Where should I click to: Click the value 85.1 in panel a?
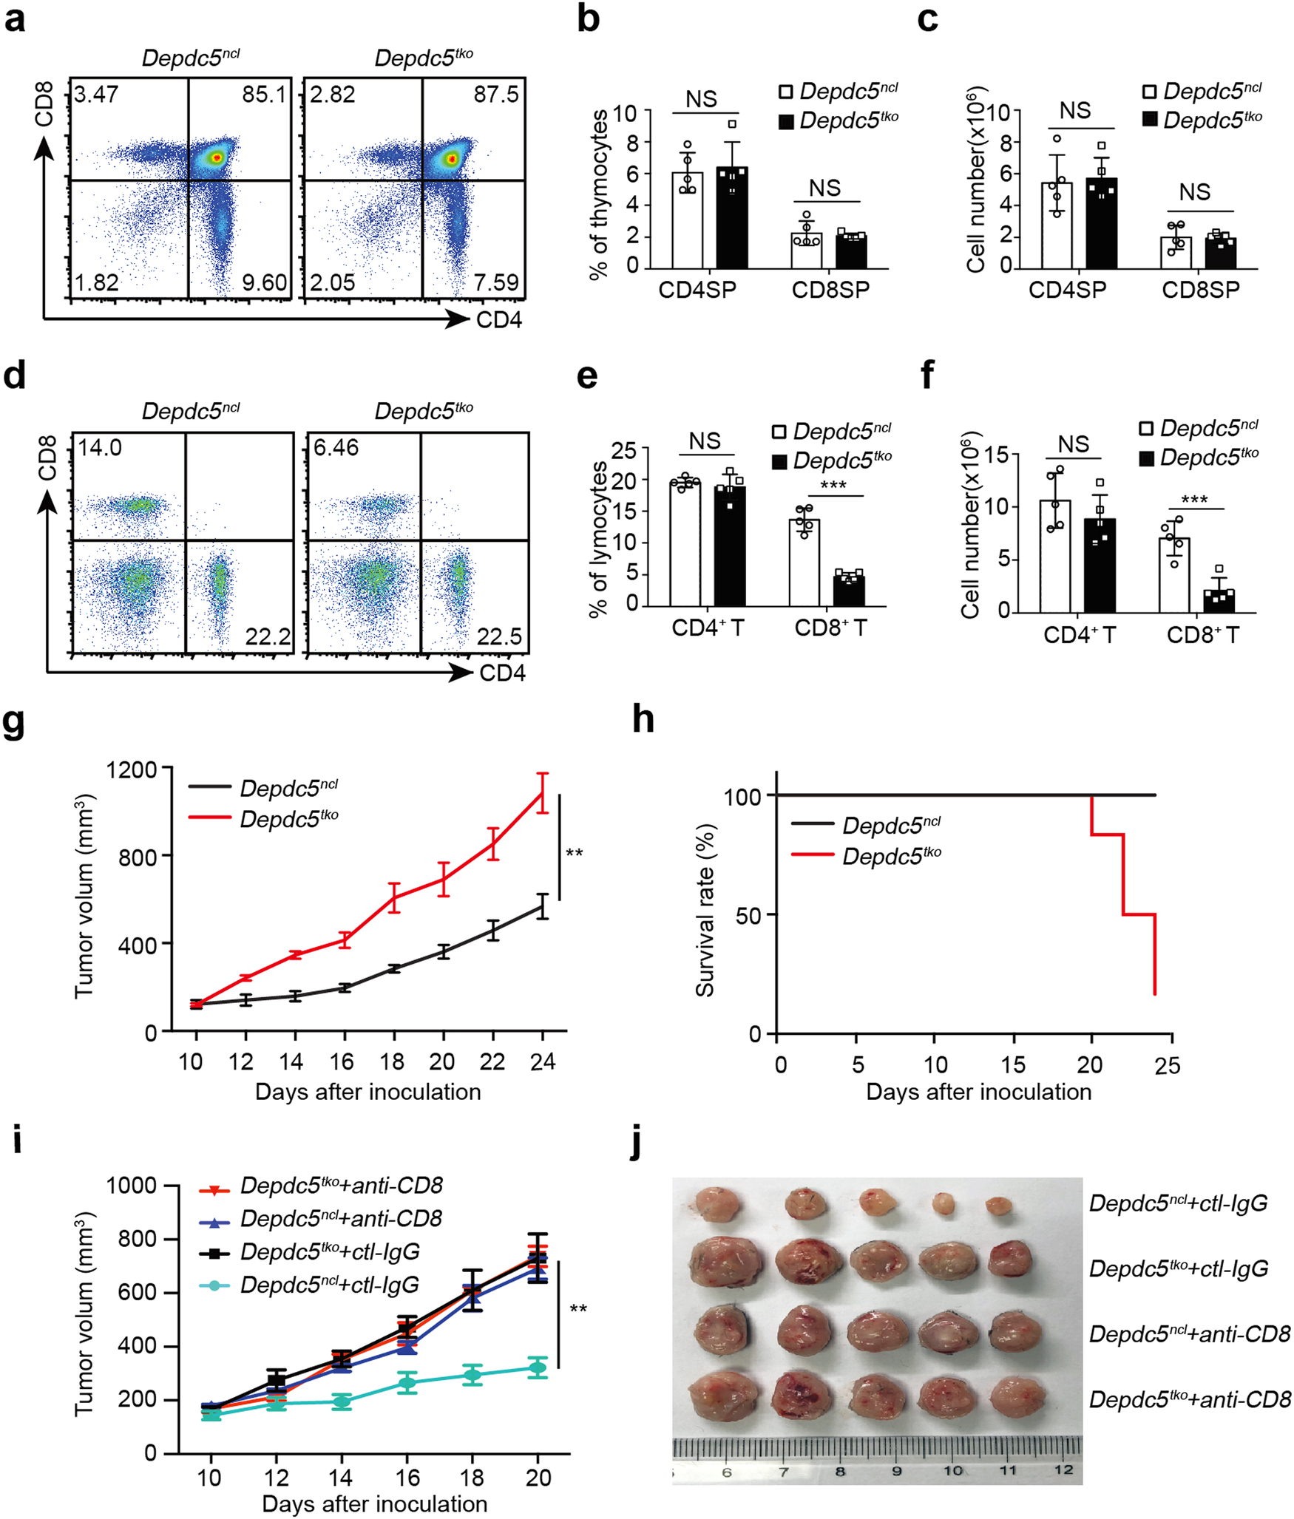pyautogui.click(x=263, y=95)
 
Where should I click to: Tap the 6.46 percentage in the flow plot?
pyautogui.click(x=336, y=447)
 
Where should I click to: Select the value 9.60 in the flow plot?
pyautogui.click(x=264, y=282)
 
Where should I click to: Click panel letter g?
pyautogui.click(x=15, y=722)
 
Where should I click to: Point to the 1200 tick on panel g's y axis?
pyautogui.click(x=132, y=770)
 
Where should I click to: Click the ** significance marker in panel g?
pyautogui.click(x=574, y=854)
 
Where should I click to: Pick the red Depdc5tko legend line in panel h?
pyautogui.click(x=812, y=855)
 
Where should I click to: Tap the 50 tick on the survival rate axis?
pyautogui.click(x=749, y=915)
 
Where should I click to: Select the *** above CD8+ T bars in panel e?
pyautogui.click(x=833, y=486)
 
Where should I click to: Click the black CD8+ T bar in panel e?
pyautogui.click(x=848, y=590)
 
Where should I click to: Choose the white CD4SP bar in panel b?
pyautogui.click(x=687, y=220)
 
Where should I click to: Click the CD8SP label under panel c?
pyautogui.click(x=1200, y=290)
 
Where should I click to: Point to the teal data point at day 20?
pyautogui.click(x=538, y=1367)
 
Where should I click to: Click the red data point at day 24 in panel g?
pyautogui.click(x=543, y=792)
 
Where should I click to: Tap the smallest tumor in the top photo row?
pyautogui.click(x=999, y=1206)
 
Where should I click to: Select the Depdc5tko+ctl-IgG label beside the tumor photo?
pyautogui.click(x=1178, y=1269)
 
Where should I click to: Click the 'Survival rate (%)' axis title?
pyautogui.click(x=705, y=910)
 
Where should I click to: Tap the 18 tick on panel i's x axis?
pyautogui.click(x=472, y=1478)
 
